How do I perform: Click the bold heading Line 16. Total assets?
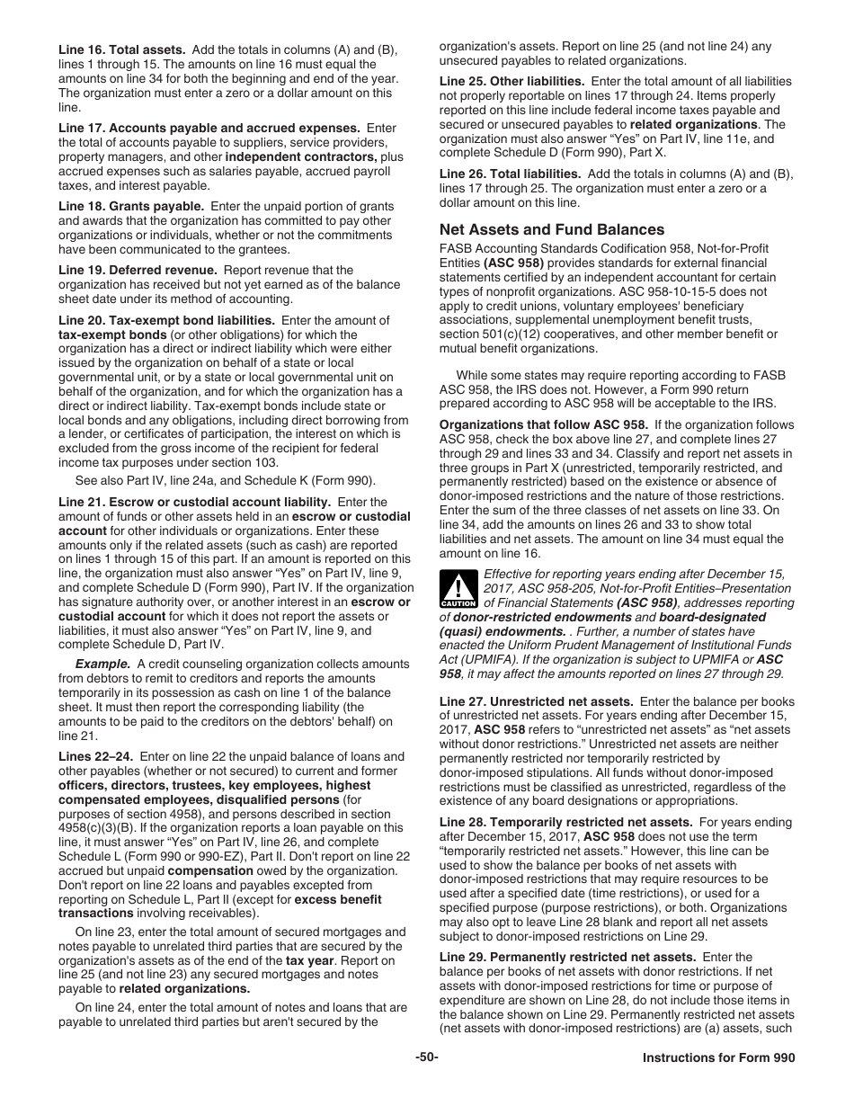click(x=122, y=49)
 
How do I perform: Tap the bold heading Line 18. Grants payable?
click(x=131, y=206)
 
